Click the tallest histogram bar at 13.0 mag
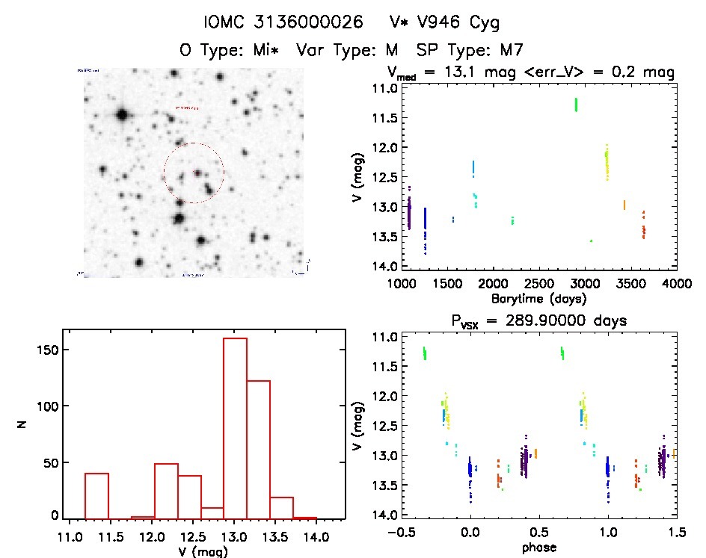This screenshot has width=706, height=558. tap(235, 426)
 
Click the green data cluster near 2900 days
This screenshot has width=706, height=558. tap(576, 104)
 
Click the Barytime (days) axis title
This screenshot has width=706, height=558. tap(538, 298)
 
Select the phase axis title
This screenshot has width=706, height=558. tap(538, 547)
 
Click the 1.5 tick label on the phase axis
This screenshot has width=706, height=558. tap(676, 533)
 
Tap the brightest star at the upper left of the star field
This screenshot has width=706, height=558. tap(122, 115)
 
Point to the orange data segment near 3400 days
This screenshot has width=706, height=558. tap(624, 205)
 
